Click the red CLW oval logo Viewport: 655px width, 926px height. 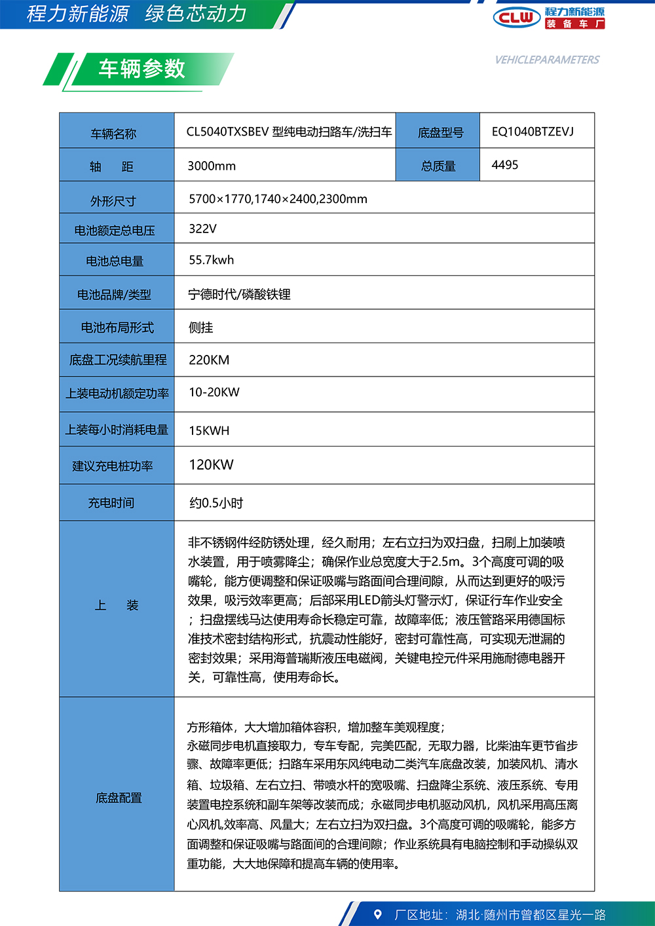[x=517, y=18]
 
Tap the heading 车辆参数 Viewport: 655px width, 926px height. [x=141, y=69]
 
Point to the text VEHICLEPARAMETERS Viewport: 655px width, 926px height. [x=547, y=60]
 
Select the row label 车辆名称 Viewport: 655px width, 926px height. [x=113, y=134]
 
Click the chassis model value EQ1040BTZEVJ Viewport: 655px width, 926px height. [x=533, y=132]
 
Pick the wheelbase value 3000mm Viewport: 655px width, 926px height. [x=212, y=166]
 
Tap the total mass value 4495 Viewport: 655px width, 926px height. [x=505, y=165]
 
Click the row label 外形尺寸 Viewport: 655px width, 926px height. [x=113, y=201]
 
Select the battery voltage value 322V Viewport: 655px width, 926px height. [x=202, y=229]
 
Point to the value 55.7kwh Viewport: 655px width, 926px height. [x=211, y=260]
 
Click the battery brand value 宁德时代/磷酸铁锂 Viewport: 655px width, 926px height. [x=239, y=294]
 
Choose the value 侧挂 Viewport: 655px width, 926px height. [x=200, y=327]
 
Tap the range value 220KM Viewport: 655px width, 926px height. [x=209, y=360]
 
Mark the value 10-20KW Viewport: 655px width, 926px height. [x=214, y=392]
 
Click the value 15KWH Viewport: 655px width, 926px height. [x=209, y=430]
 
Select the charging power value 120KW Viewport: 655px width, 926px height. [x=211, y=465]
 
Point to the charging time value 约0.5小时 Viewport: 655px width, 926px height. [x=216, y=503]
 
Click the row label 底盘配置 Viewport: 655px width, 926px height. [x=119, y=798]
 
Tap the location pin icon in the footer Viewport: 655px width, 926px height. [x=377, y=914]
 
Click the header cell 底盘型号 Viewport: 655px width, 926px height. [x=440, y=133]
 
